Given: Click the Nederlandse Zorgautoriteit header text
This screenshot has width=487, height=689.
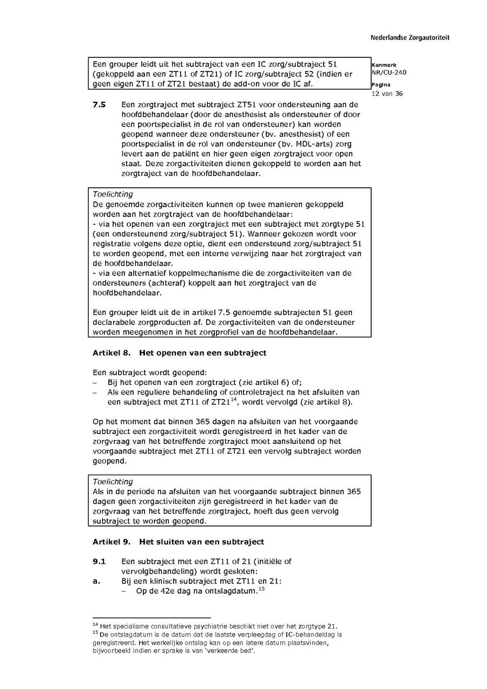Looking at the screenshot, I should click(x=410, y=38).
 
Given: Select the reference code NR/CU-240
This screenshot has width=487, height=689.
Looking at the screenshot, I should click(x=389, y=73).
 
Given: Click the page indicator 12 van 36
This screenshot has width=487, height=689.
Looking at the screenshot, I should click(x=387, y=94).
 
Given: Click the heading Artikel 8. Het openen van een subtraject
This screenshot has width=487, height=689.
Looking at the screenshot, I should click(x=179, y=353).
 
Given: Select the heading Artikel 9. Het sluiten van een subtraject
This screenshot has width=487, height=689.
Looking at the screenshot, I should click(x=178, y=542).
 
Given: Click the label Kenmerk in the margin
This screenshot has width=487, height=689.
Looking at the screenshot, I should click(x=384, y=65).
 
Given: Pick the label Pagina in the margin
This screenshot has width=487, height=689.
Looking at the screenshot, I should click(x=381, y=85).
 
